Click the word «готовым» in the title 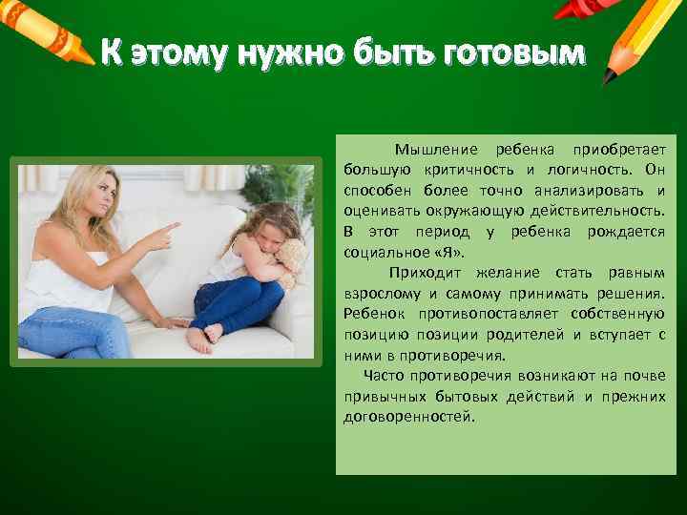tap(512, 55)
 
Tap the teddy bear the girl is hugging tap(291, 259)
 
